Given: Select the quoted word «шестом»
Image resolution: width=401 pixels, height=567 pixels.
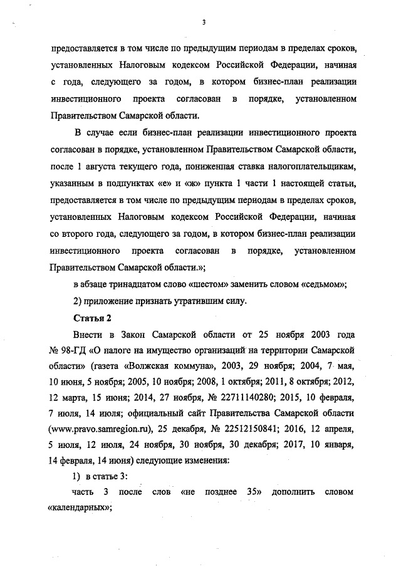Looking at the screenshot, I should tap(222, 283).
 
